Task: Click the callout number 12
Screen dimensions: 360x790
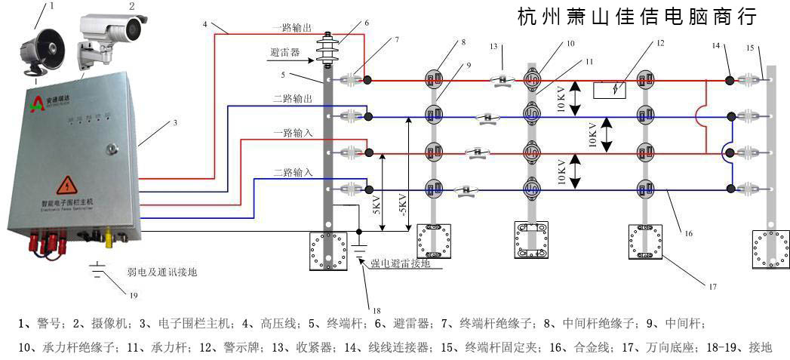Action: [x=660, y=43]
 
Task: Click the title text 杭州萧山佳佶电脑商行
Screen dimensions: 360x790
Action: [x=638, y=16]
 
